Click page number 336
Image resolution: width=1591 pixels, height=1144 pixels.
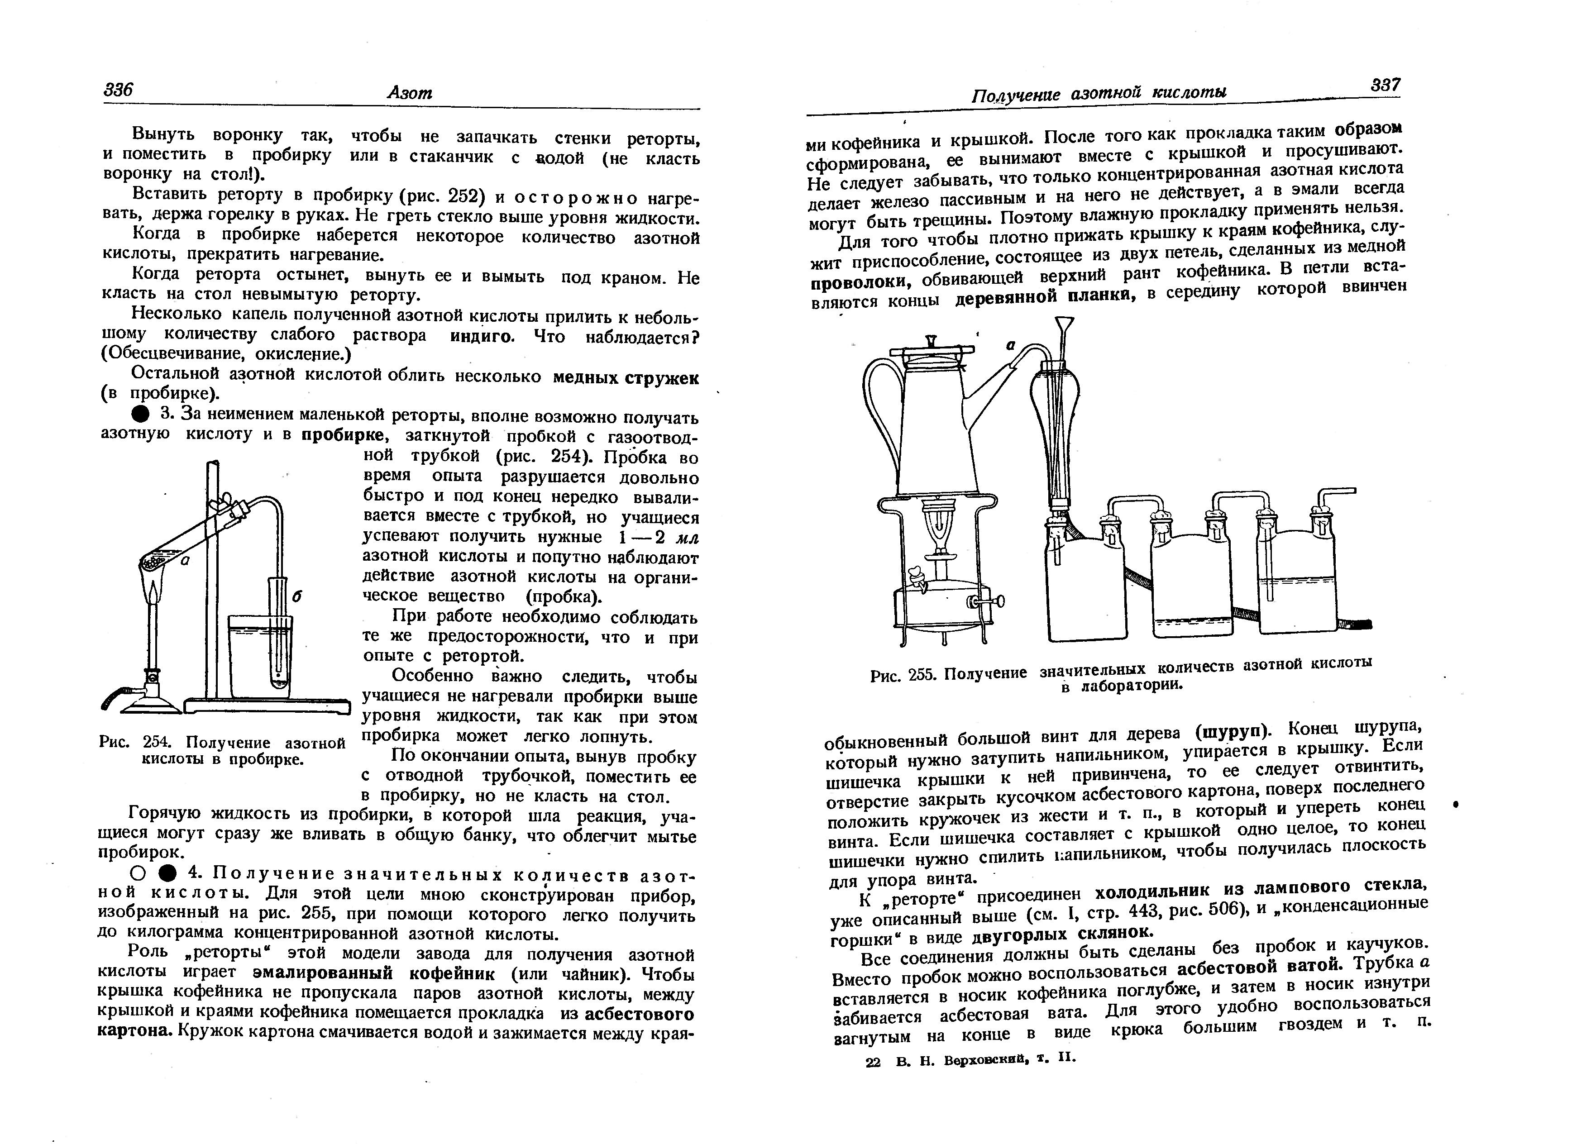coord(118,90)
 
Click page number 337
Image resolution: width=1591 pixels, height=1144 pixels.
coord(1386,85)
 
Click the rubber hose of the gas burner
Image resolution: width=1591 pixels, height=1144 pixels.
coord(116,697)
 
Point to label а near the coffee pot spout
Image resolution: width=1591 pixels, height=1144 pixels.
coord(1011,345)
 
